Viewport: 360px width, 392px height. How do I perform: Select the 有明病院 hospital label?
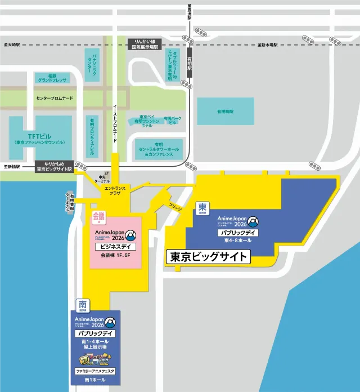[x=225, y=112]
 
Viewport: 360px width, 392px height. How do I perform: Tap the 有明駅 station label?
[x=191, y=67]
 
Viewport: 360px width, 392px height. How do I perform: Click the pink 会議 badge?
[x=99, y=216]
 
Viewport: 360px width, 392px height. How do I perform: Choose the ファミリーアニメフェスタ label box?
[x=95, y=372]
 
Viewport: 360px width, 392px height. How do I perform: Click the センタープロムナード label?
[x=55, y=99]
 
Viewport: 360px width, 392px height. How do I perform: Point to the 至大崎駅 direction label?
[x=12, y=44]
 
